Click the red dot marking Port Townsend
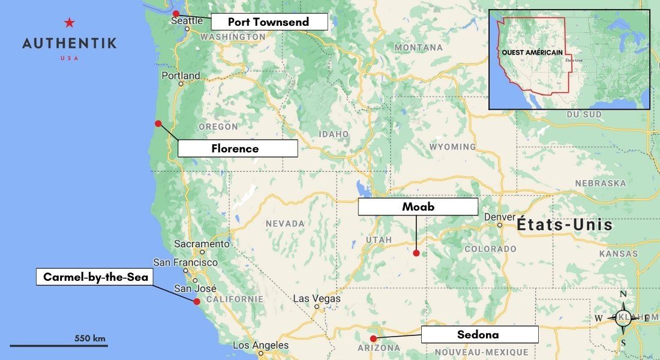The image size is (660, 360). pos(176,13)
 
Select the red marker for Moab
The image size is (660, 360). pos(416,253)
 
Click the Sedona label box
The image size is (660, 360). pos(479,334)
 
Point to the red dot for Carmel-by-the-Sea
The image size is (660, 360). pos(196,301)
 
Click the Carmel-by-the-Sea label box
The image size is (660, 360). pos(95,277)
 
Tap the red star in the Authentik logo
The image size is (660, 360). pos(70,23)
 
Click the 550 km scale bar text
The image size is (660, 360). pos(90,338)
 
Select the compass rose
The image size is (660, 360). pos(623,317)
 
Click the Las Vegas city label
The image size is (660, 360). pos(316,299)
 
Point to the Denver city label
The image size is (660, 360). pos(500,217)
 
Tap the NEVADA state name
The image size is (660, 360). pos(285,223)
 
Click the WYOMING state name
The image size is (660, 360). pos(452,147)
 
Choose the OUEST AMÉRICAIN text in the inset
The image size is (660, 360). pos(532,52)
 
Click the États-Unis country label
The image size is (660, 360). pos(565,225)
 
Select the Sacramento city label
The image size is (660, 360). pos(202,244)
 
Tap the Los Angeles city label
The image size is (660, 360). pos(260,345)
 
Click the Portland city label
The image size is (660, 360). pos(181,76)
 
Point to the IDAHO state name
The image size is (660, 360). pos(334,134)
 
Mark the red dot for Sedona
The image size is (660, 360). pos(373,338)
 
